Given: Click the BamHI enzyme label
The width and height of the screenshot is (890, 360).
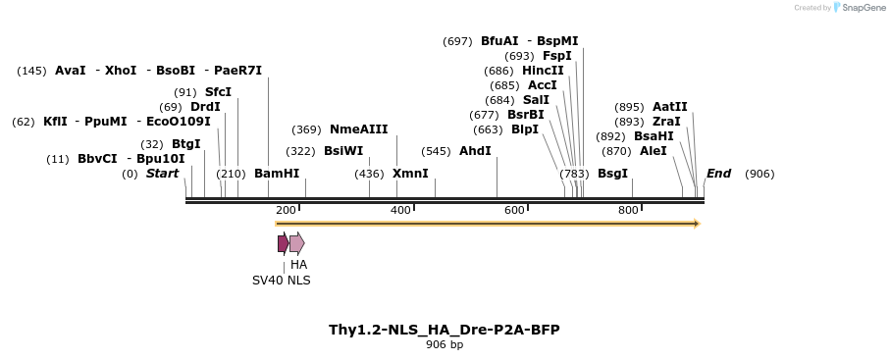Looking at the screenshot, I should point(277,174).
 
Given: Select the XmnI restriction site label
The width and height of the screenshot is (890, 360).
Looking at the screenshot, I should point(410,174).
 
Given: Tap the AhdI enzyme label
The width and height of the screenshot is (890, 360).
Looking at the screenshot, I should point(475,151).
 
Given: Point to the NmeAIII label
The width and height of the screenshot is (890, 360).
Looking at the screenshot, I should point(358,129).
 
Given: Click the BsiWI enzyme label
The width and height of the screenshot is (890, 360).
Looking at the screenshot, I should point(343,151).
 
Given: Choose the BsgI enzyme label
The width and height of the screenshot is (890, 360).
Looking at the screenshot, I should point(612,174).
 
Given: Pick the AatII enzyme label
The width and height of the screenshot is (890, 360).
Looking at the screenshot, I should point(670,107).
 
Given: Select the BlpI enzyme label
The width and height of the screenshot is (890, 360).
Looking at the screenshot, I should point(525,129).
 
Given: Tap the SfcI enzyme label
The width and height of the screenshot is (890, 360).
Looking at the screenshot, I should point(218,92).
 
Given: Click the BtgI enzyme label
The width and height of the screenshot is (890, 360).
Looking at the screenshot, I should point(185,144).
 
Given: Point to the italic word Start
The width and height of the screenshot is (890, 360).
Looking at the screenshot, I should point(162,174).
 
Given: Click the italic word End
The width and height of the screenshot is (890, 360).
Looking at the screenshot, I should point(718,174).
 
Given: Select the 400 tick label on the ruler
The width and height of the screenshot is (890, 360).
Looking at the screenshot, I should point(399,210).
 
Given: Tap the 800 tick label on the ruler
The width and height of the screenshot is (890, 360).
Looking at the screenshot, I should point(628,210).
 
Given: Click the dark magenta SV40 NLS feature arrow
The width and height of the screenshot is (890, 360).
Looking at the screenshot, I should point(283,243).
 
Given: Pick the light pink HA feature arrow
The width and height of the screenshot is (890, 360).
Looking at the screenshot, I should point(297,243).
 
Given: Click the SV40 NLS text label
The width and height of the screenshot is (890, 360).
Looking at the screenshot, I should point(281,280).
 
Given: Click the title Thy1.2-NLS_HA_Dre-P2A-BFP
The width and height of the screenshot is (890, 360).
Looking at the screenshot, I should point(445,330).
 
